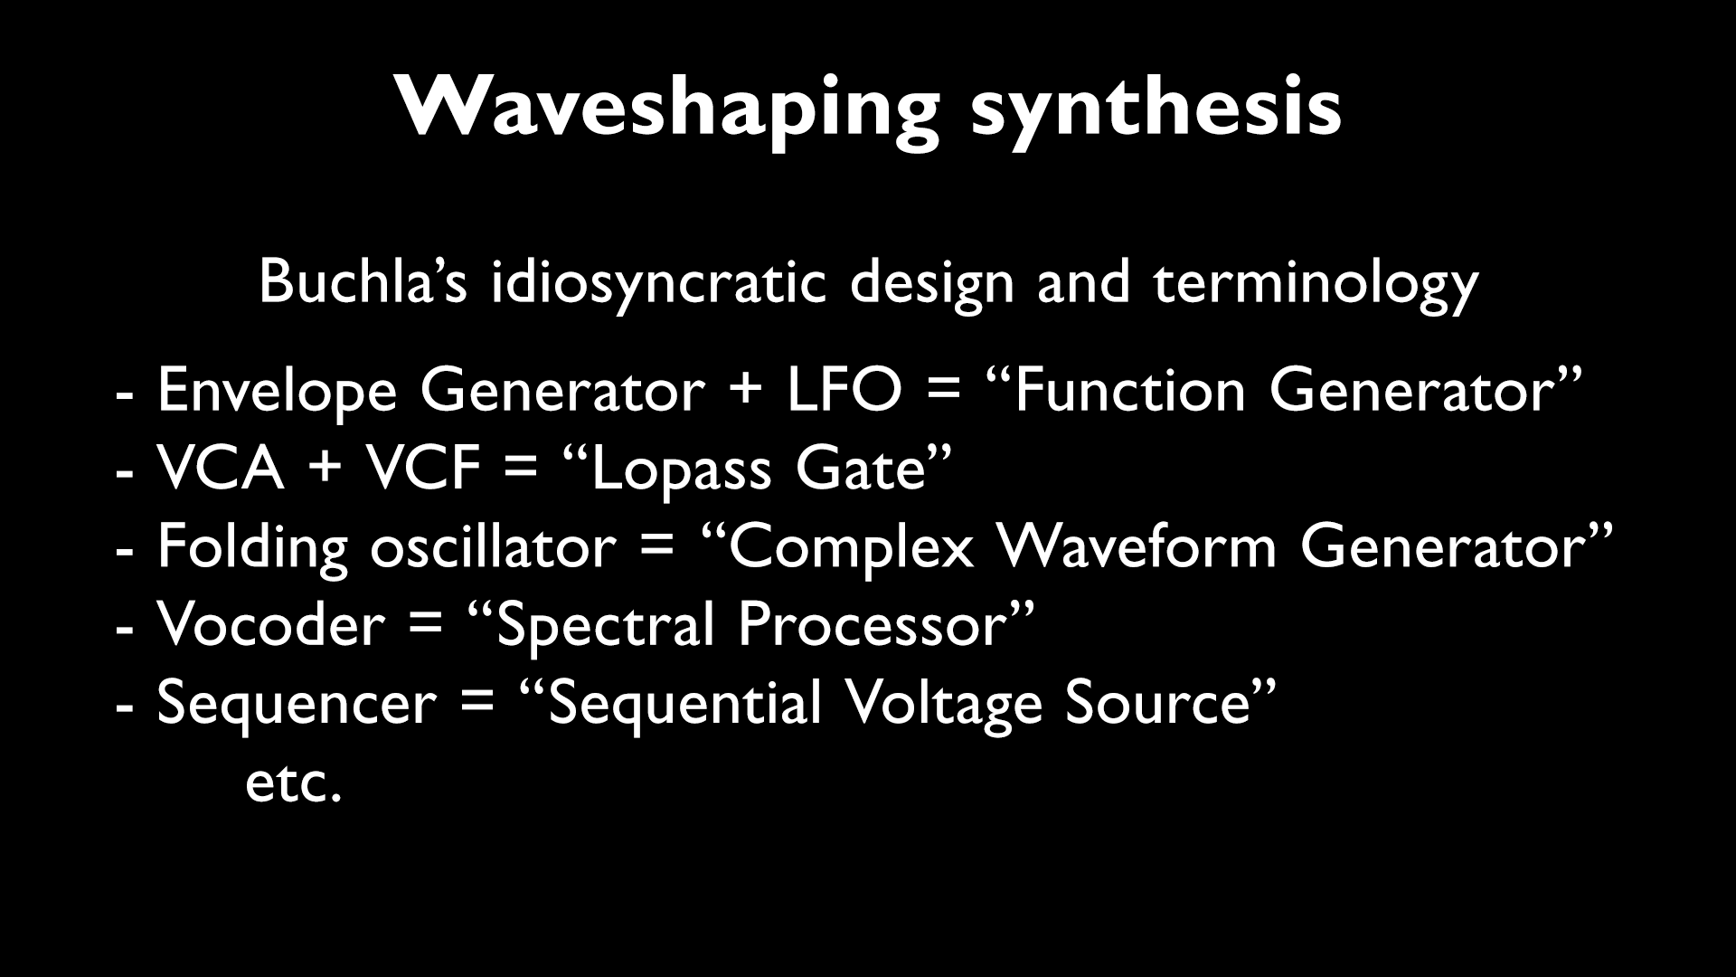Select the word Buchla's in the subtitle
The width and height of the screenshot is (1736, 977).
[x=362, y=281]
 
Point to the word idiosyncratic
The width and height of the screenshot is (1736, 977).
[x=658, y=281]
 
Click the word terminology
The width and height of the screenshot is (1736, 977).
[x=1316, y=281]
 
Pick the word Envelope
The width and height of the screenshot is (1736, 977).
[x=277, y=392]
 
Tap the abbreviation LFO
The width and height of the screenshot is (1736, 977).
[x=844, y=392]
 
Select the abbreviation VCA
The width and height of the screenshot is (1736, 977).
[x=221, y=470]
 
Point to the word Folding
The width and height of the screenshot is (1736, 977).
[x=252, y=547]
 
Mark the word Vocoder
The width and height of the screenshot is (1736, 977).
[x=270, y=625]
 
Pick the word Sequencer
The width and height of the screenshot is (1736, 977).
[x=297, y=704]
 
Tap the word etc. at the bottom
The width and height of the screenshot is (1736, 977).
[x=294, y=783]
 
